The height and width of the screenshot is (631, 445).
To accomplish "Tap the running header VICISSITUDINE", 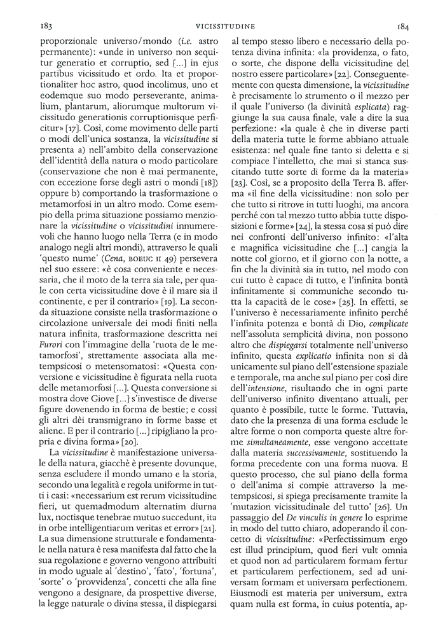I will point(224,27).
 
